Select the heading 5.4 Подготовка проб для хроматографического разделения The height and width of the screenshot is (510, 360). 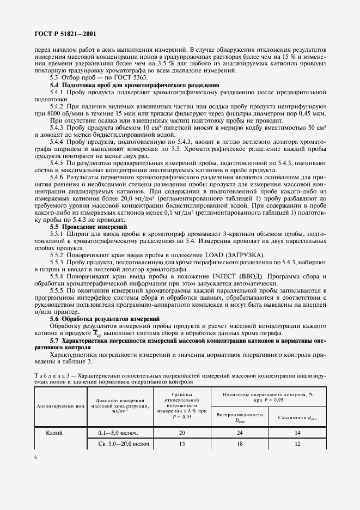point(135,86)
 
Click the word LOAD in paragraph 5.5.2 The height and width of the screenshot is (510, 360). point(216,255)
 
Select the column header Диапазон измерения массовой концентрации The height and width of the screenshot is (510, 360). point(118,401)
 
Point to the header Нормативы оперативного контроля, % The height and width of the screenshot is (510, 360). point(268,393)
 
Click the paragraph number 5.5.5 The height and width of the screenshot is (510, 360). point(59,290)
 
